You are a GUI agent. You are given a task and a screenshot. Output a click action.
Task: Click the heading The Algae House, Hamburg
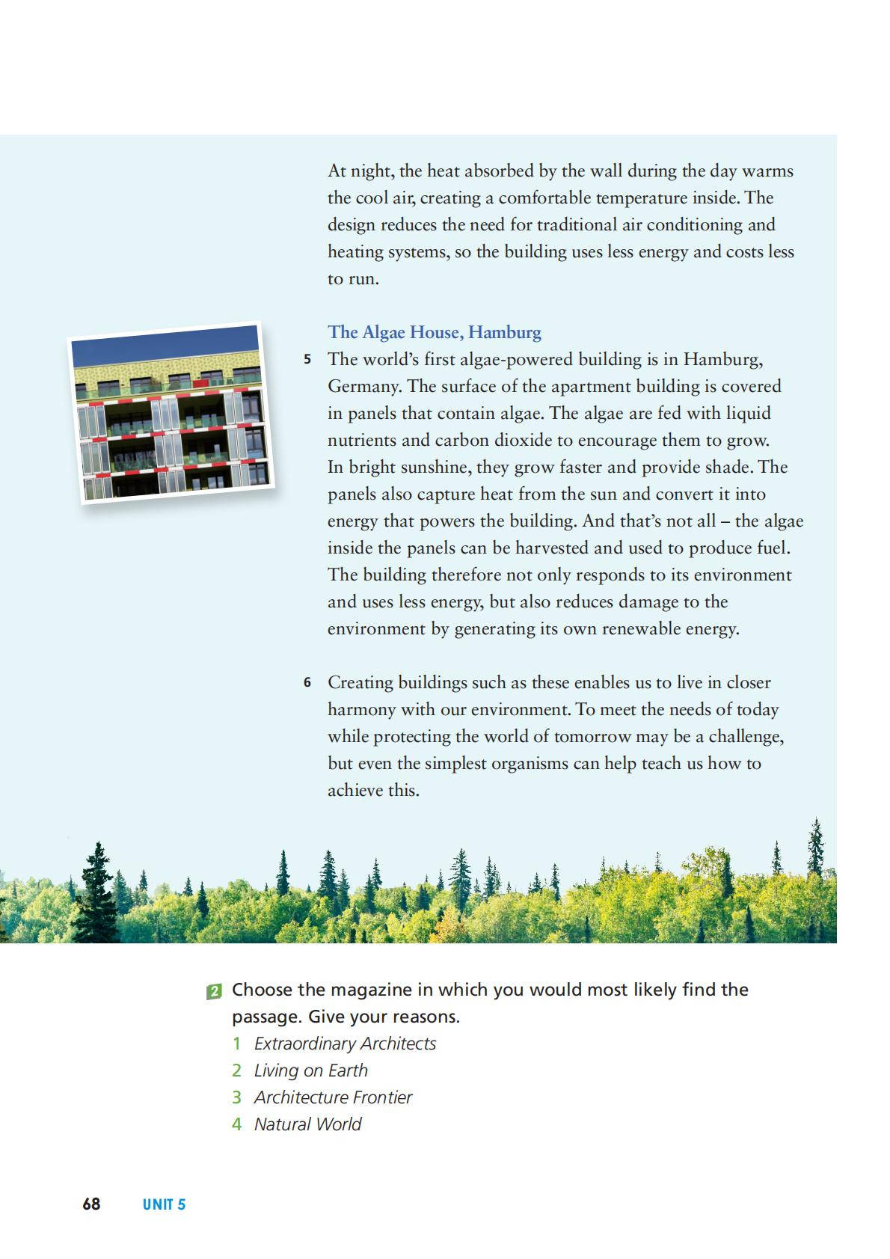click(434, 332)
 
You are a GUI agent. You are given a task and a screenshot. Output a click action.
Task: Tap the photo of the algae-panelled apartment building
click(171, 413)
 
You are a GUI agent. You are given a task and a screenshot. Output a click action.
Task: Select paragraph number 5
click(307, 359)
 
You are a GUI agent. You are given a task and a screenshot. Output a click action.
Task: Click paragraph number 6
click(307, 682)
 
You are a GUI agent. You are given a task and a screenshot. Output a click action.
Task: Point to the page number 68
click(91, 1204)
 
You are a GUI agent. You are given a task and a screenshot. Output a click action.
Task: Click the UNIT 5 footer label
click(164, 1204)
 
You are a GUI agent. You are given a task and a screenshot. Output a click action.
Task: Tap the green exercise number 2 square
click(214, 991)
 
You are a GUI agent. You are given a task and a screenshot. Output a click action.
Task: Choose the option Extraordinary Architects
click(345, 1044)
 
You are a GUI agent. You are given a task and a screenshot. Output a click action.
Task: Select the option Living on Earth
click(310, 1070)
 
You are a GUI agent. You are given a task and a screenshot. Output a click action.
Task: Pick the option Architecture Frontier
click(333, 1097)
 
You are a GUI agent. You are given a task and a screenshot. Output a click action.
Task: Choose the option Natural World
click(307, 1124)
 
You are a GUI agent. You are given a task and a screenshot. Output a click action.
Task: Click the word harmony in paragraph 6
click(361, 709)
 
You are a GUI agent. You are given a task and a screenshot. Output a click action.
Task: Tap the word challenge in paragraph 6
click(745, 736)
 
